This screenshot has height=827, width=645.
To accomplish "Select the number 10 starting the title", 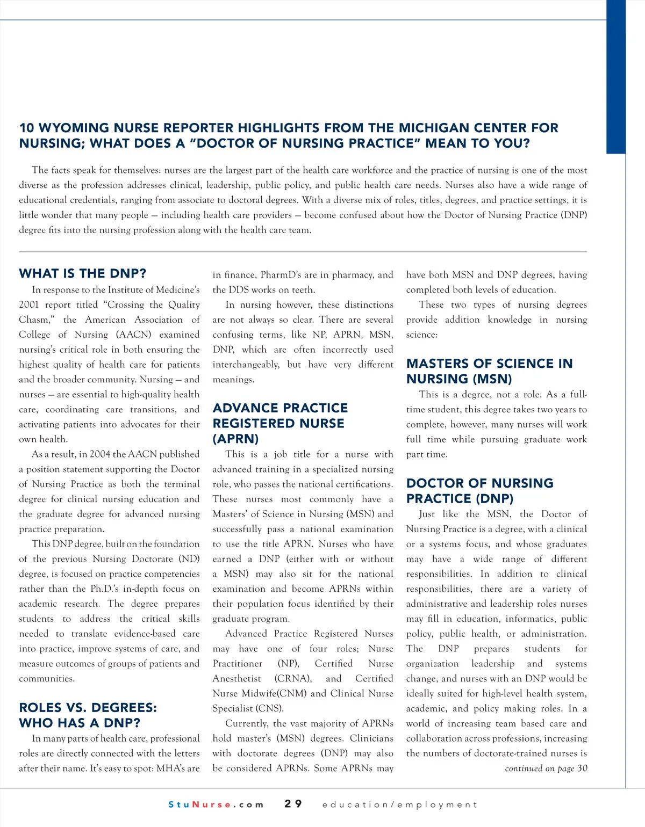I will pos(26,128).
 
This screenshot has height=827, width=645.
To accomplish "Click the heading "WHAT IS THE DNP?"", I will pos(83,273).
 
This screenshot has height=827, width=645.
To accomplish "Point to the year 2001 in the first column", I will pos(29,304).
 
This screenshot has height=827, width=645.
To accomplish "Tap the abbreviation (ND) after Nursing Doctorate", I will pos(189,558).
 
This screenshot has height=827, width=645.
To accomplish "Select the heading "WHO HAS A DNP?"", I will pos(80,723).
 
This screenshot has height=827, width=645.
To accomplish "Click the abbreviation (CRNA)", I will pos(293,678).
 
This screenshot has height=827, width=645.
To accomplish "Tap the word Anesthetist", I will pos(237,678).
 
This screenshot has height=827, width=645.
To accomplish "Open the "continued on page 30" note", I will pos(546,768).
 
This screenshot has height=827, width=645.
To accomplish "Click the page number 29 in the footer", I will pos(293,804).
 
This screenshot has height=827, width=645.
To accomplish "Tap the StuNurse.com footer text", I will pos(216,804).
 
